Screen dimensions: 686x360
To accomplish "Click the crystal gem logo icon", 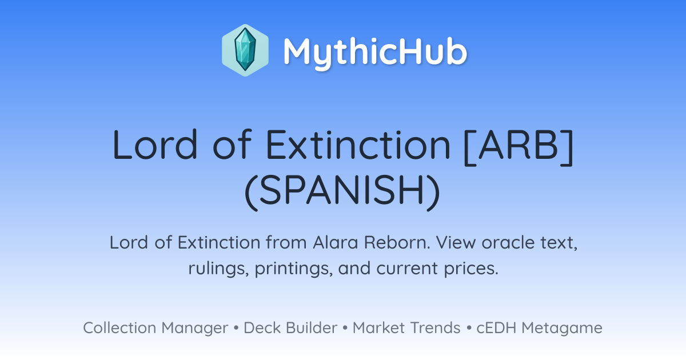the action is (245, 50).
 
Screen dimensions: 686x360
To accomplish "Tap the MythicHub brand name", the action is (375, 52).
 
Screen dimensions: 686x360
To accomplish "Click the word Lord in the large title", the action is (155, 145).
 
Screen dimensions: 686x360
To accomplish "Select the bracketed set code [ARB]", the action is (519, 146).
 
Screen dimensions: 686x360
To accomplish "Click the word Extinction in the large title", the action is (358, 145).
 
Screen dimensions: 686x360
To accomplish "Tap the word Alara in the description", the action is (336, 242).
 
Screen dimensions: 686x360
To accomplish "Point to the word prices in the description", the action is (471, 269).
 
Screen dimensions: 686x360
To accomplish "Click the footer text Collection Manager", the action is (155, 328).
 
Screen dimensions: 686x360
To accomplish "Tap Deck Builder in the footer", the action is (290, 328).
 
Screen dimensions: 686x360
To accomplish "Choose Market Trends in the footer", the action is (406, 328).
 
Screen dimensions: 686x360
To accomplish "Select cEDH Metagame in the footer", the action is (539, 328).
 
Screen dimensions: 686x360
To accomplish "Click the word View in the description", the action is (456, 242).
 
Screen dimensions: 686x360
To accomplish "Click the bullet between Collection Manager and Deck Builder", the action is (236, 328).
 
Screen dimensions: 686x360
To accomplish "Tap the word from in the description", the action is (286, 242).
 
